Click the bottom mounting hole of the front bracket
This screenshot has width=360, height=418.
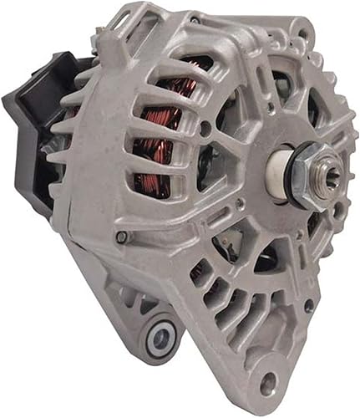[267, 384]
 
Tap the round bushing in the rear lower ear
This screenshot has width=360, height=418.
[160, 337]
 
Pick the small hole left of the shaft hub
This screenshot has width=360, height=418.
[205, 128]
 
